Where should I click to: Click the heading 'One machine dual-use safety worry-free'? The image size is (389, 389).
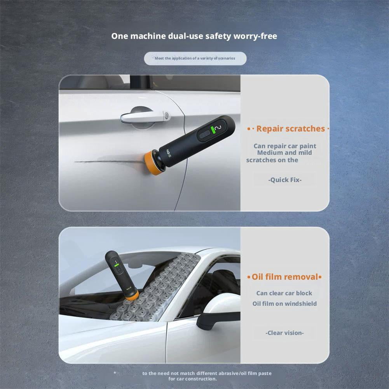(194, 36)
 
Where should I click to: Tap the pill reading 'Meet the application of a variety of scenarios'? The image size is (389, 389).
(195, 58)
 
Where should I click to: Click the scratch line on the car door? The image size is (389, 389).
(109, 161)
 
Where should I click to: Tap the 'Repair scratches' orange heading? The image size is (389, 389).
(291, 129)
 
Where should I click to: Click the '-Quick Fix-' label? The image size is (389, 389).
(285, 180)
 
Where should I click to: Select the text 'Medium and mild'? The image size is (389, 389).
(284, 153)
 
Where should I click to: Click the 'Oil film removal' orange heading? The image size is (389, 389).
(285, 277)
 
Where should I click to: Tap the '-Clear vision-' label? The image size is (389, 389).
(284, 333)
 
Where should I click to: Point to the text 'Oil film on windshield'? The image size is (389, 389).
(284, 304)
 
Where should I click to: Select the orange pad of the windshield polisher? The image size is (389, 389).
(132, 295)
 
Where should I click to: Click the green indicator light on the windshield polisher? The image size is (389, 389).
(116, 265)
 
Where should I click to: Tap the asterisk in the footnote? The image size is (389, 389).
(115, 373)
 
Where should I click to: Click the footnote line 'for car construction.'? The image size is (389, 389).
(192, 379)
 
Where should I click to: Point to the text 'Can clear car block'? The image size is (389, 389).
(284, 293)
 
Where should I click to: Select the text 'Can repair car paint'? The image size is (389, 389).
(285, 146)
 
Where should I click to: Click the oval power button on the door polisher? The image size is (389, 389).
(205, 134)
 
